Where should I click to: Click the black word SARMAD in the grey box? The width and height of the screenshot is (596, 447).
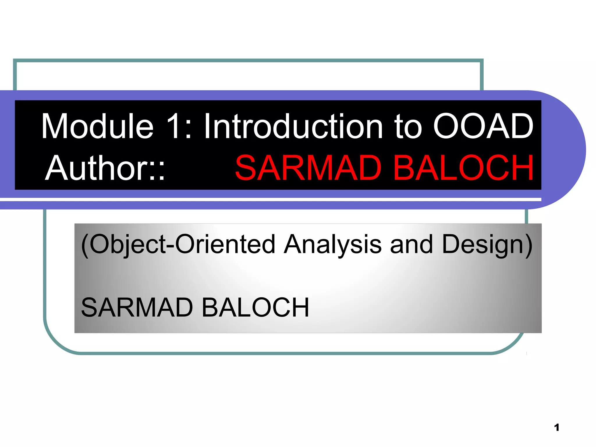tap(137, 307)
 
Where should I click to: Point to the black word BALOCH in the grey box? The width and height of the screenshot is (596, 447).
tap(255, 307)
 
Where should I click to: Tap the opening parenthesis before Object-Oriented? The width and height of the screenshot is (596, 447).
tap(85, 245)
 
